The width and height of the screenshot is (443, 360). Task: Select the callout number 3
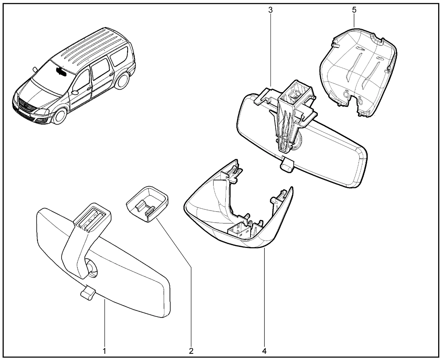click(270, 10)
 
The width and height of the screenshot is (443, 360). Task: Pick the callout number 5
click(354, 10)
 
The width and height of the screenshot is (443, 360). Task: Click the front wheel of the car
click(59, 117)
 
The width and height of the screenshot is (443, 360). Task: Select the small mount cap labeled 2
click(147, 204)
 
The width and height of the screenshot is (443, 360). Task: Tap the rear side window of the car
click(119, 56)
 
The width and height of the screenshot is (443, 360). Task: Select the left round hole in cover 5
click(346, 94)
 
